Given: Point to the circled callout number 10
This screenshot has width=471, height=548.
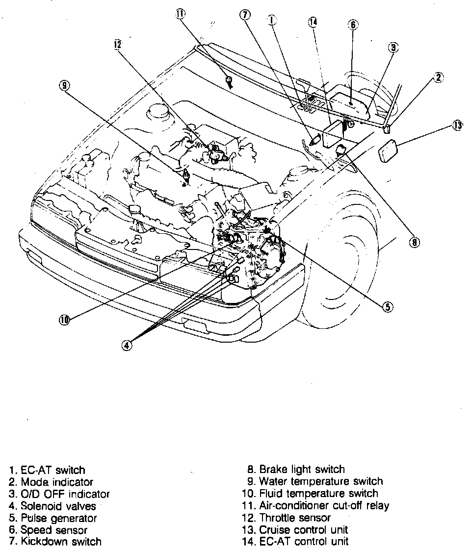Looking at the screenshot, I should (x=64, y=321).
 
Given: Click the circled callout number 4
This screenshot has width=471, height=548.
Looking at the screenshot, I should (x=127, y=345).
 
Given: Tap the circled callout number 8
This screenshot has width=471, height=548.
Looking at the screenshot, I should (x=415, y=242).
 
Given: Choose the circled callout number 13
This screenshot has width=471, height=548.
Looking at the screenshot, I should (x=457, y=126).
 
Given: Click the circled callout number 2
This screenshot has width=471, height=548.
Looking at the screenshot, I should (x=438, y=77).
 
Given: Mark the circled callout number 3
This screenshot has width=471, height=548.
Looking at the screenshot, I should (x=393, y=48).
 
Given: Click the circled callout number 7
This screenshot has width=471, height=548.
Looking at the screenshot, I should (x=244, y=15).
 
